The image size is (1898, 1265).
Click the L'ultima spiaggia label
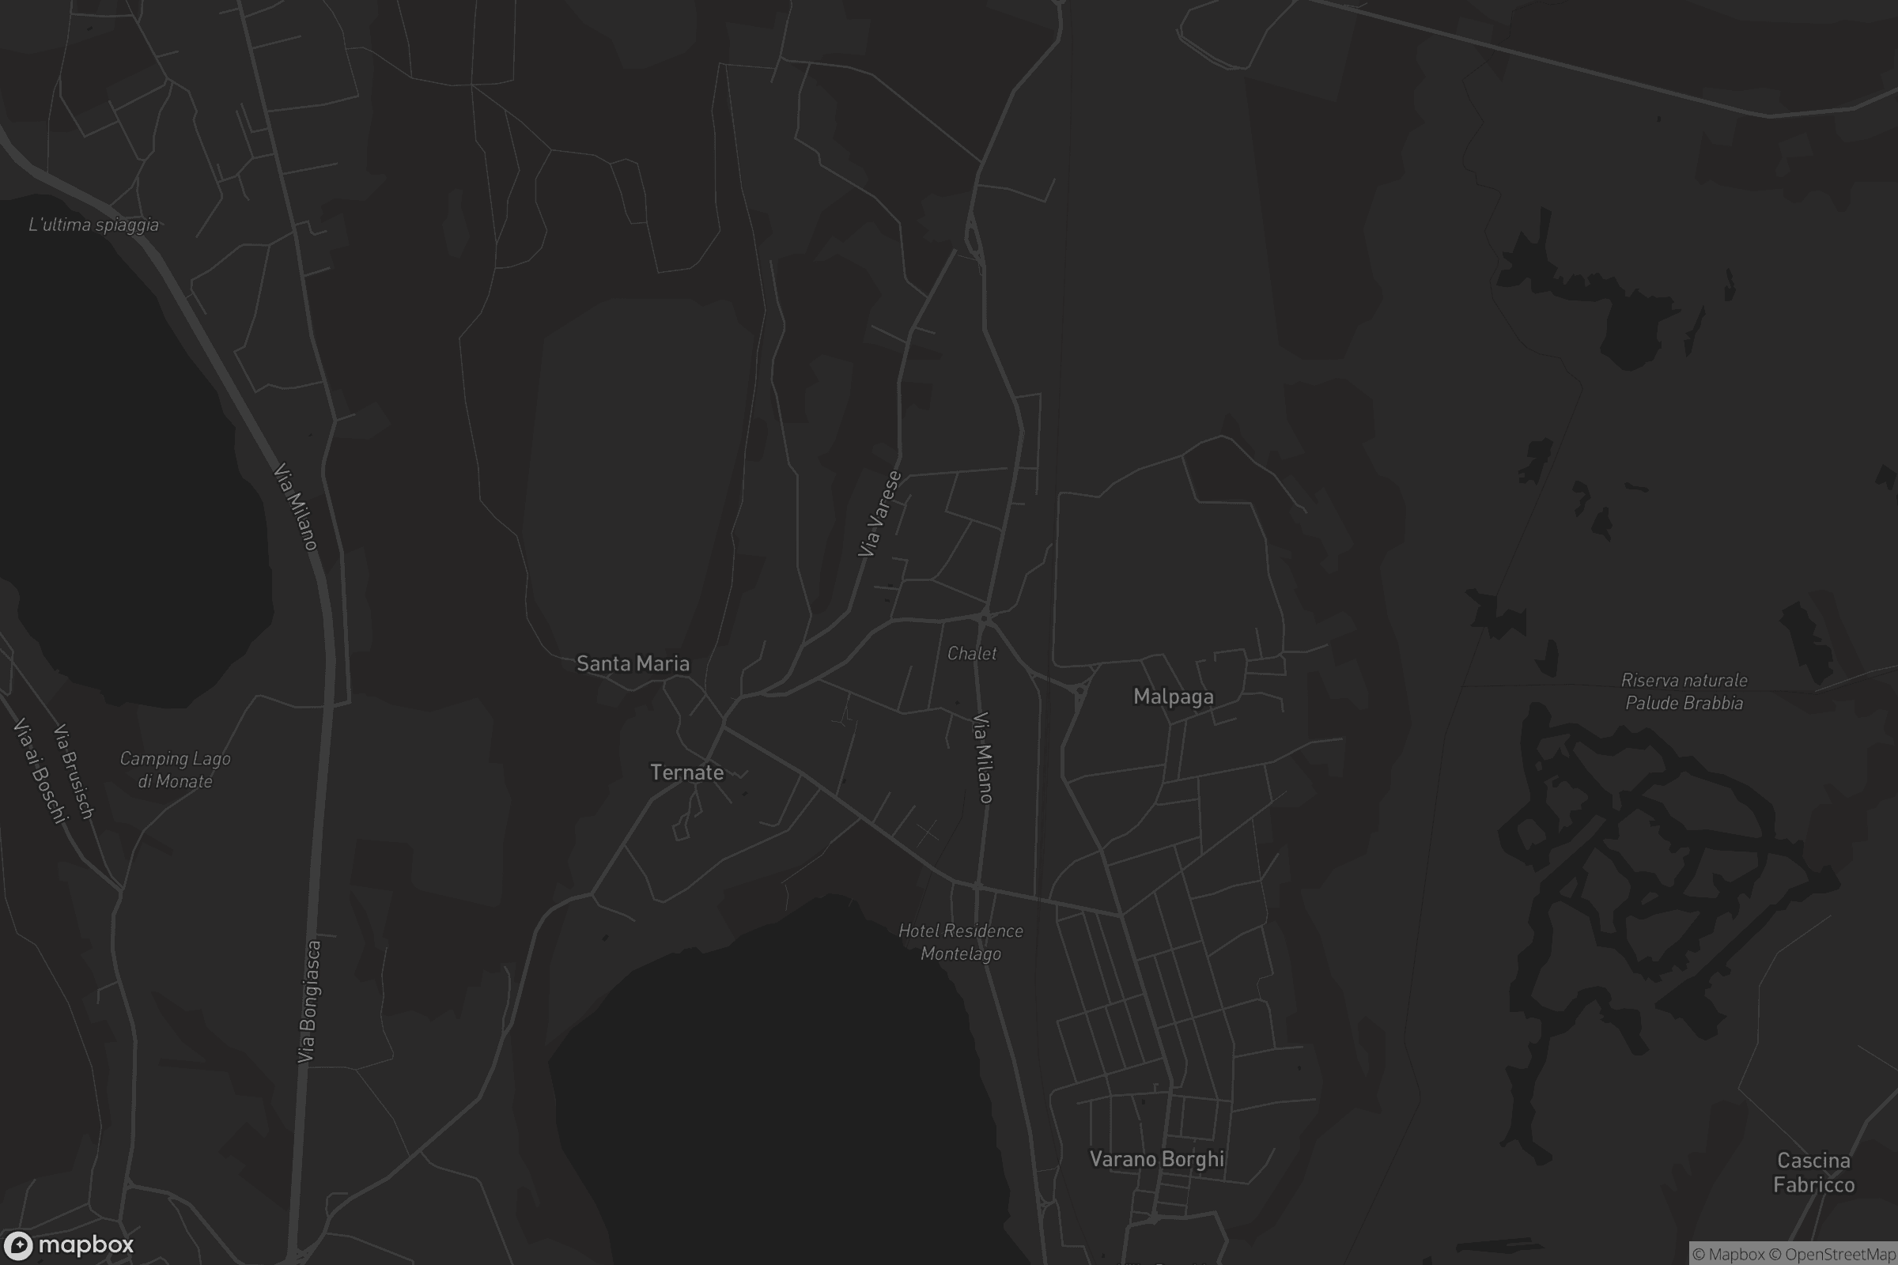[x=93, y=225]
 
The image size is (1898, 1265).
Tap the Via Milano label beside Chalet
[x=983, y=757]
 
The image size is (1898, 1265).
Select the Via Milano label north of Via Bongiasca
[x=295, y=507]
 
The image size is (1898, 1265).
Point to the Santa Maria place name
[x=633, y=664]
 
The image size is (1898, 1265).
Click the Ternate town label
[x=686, y=773]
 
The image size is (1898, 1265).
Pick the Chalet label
[x=972, y=654]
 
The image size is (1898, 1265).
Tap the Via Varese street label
[x=879, y=515]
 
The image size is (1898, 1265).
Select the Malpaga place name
[x=1174, y=697]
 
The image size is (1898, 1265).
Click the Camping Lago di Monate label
[x=175, y=769]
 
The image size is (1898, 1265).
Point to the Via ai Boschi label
[x=38, y=770]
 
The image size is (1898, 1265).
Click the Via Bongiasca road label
[x=309, y=1001]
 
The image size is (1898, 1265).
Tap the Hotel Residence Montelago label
[x=960, y=942]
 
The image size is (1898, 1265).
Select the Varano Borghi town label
[x=1156, y=1159]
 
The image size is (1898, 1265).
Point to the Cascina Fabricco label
[x=1813, y=1173]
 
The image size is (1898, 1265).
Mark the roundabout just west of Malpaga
[x=1079, y=690]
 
